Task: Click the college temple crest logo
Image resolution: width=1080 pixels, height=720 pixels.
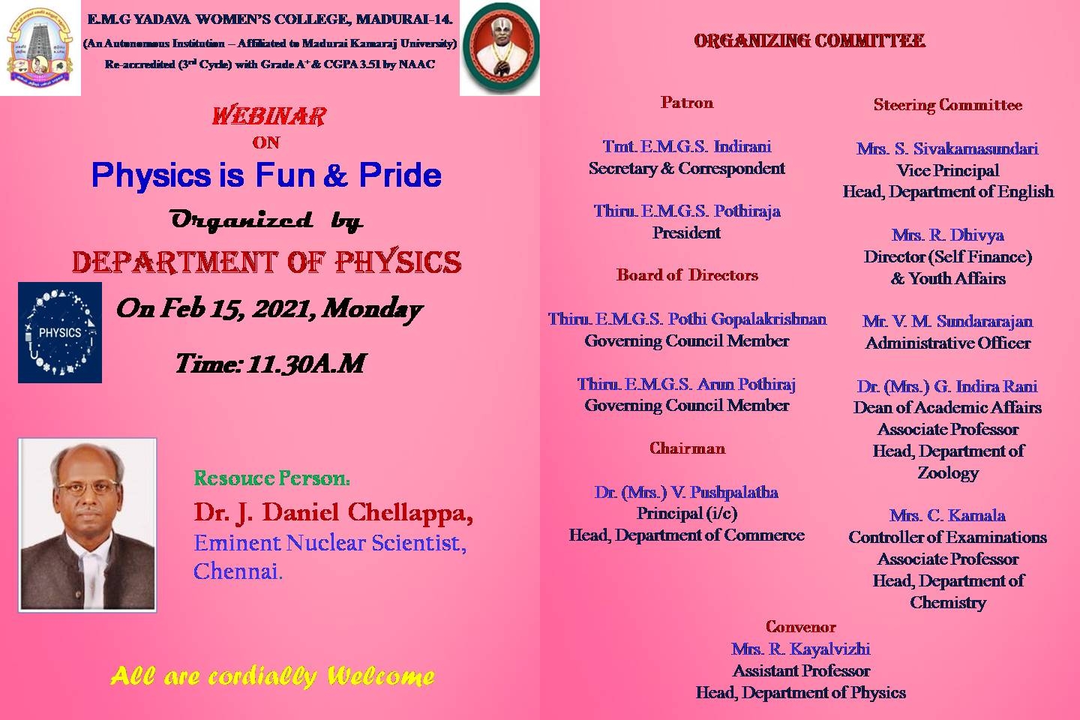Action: [x=40, y=48]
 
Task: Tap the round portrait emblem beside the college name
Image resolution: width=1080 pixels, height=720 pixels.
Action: [x=500, y=48]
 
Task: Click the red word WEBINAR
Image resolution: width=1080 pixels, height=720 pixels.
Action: [x=269, y=116]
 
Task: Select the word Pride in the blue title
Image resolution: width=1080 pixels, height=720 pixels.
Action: [x=400, y=175]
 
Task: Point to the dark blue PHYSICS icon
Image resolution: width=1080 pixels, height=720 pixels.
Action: [x=60, y=332]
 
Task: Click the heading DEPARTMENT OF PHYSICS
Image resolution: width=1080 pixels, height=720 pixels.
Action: [x=267, y=262]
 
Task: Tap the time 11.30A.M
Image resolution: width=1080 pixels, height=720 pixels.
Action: [x=306, y=363]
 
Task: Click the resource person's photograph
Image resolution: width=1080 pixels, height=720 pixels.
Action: [x=87, y=525]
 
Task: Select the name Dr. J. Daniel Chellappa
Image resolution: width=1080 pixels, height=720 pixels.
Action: [x=333, y=512]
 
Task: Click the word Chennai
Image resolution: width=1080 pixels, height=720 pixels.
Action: [x=238, y=571]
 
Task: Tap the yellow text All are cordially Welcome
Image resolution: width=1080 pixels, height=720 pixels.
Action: [x=272, y=676]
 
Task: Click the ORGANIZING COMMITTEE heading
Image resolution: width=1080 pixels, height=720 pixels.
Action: [x=809, y=41]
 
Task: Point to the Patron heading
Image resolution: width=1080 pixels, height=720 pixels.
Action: [x=687, y=103]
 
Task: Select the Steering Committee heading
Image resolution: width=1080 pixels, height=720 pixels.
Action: [x=948, y=105]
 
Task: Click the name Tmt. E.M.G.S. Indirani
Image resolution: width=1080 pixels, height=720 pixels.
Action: [x=687, y=146]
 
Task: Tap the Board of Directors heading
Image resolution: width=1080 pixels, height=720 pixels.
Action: [x=687, y=275]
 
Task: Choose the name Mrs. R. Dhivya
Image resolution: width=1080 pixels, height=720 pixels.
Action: [x=948, y=235]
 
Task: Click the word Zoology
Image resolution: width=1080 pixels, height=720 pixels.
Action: [x=948, y=472]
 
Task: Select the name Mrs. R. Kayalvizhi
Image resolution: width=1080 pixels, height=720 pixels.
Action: [x=801, y=649]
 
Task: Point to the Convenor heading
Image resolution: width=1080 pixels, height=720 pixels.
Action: [x=801, y=627]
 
